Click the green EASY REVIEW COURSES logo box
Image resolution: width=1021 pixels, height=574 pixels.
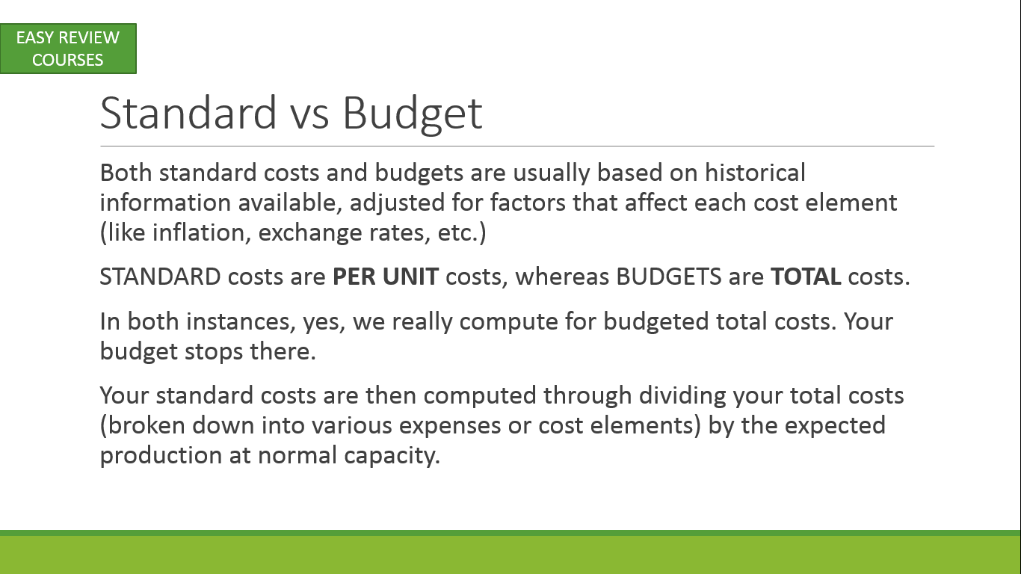click(x=68, y=49)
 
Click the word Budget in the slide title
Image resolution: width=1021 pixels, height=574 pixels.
click(x=412, y=115)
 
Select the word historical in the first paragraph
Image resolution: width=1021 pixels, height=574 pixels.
click(x=755, y=173)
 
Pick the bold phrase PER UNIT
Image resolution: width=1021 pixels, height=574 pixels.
click(x=386, y=277)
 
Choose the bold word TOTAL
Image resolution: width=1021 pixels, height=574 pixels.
click(x=806, y=277)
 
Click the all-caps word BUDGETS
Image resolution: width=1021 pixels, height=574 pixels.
click(x=669, y=277)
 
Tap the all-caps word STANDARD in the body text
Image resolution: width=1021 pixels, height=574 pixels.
click(x=161, y=277)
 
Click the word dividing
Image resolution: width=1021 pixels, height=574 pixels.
click(x=682, y=396)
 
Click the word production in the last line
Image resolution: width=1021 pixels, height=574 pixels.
click(x=161, y=455)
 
